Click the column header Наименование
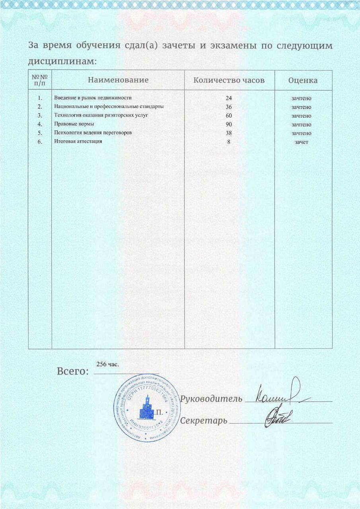118,80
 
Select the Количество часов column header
229,80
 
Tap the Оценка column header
303,80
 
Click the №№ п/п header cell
40,80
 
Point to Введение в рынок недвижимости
93,98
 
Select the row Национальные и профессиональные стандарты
109,107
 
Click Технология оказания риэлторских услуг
101,115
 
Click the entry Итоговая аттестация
78,142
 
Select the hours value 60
229,116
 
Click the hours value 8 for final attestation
229,142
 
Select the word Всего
72,372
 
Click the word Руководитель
211,399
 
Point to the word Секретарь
204,421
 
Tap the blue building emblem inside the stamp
147,410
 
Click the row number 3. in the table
40,116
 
